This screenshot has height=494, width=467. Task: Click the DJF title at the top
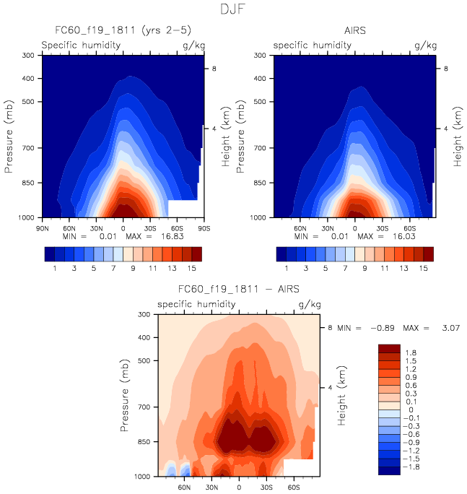pyautogui.click(x=234, y=10)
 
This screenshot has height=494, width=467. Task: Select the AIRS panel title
pyautogui.click(x=354, y=30)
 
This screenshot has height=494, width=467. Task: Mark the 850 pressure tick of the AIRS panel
pyautogui.click(x=265, y=183)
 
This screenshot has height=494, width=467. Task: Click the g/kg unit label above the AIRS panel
pyautogui.click(x=426, y=45)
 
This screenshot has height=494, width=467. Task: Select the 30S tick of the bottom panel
pyautogui.click(x=266, y=487)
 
